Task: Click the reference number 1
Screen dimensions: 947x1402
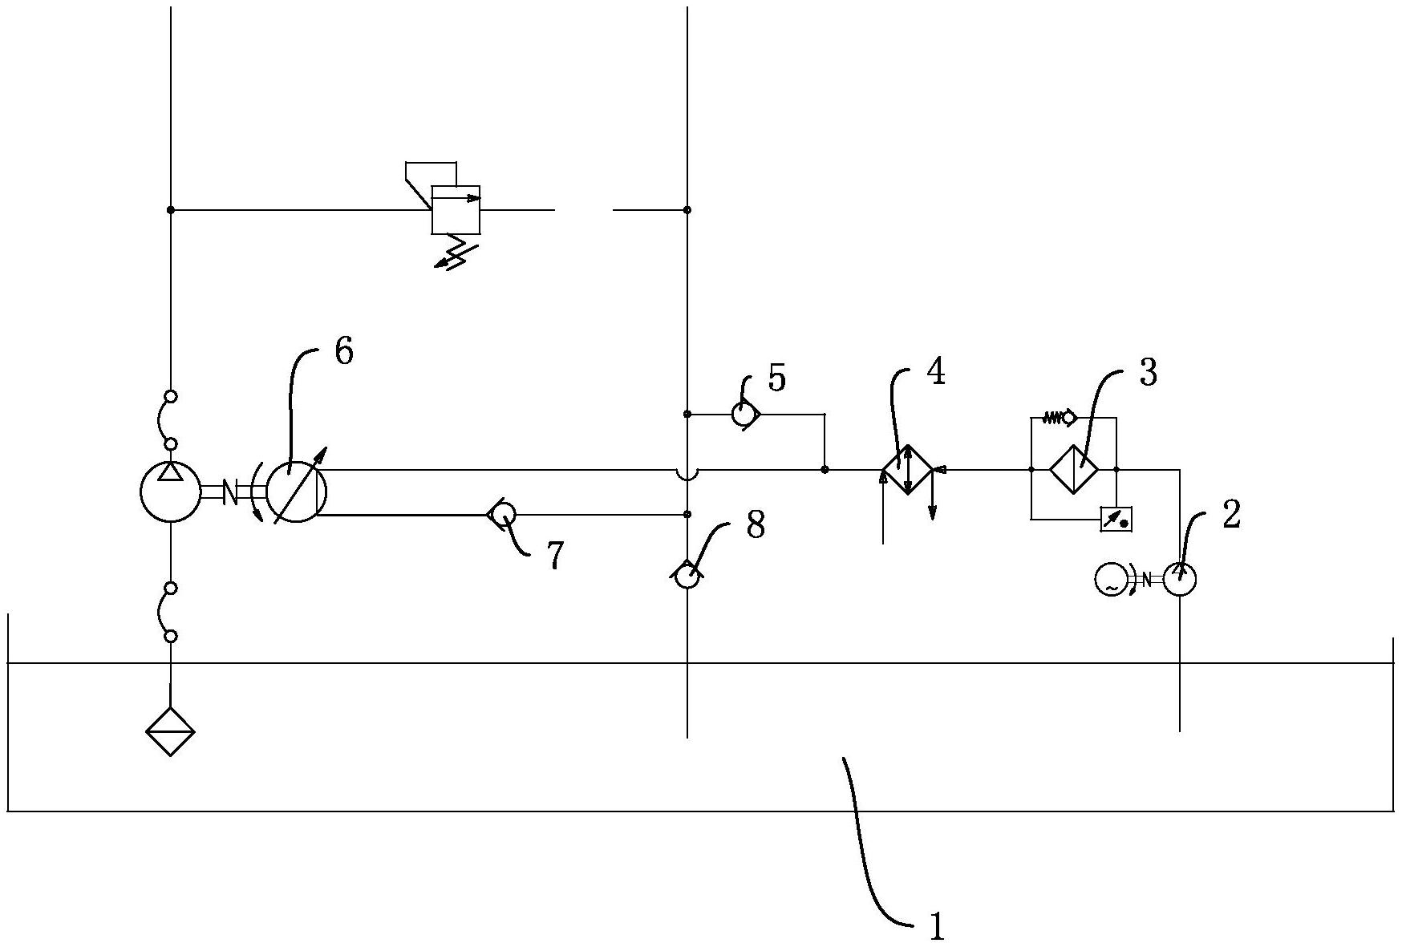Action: [936, 927]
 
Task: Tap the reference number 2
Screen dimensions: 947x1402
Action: [1231, 515]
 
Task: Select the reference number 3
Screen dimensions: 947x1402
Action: [1148, 373]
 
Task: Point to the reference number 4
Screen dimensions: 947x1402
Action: [935, 372]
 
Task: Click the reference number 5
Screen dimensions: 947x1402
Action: [776, 378]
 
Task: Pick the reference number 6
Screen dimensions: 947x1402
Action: [343, 351]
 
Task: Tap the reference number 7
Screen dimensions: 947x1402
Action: [555, 555]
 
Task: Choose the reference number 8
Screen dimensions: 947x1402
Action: [755, 526]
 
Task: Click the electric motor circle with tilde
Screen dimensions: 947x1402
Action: [1112, 580]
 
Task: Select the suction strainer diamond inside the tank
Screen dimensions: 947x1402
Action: [170, 731]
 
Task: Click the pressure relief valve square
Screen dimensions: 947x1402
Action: [456, 209]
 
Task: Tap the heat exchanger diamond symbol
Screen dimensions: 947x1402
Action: [908, 469]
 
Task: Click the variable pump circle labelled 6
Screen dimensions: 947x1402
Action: [296, 492]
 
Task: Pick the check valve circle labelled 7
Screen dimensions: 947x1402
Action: [503, 514]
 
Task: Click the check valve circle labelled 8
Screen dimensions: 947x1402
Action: [687, 575]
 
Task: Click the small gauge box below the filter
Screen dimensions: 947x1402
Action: [1116, 520]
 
